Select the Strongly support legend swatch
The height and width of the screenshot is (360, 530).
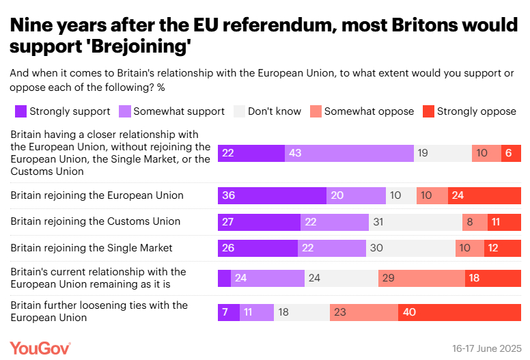pyautogui.click(x=20, y=111)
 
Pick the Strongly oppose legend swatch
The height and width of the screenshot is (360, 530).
pyautogui.click(x=428, y=111)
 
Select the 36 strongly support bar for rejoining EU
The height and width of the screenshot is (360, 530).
pyautogui.click(x=272, y=195)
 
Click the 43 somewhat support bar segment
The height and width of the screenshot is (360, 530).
pyautogui.click(x=349, y=153)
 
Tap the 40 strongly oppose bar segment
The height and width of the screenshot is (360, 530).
pyautogui.click(x=460, y=312)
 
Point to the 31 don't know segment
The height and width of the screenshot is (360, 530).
pyautogui.click(x=415, y=221)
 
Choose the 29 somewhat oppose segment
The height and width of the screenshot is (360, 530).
pyautogui.click(x=421, y=278)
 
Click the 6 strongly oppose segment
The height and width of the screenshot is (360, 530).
pyautogui.click(x=511, y=153)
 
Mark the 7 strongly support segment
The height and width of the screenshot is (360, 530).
pyautogui.click(x=229, y=312)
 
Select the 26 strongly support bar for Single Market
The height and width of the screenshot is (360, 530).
pyautogui.click(x=257, y=248)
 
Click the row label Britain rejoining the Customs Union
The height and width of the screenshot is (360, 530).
pyautogui.click(x=96, y=221)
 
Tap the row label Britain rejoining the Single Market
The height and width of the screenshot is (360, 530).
pyautogui.click(x=92, y=248)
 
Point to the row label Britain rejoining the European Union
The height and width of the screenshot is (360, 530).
pyautogui.click(x=97, y=195)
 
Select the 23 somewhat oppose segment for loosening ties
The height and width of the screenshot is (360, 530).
pyautogui.click(x=363, y=312)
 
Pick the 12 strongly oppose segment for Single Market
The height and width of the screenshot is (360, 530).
pyautogui.click(x=503, y=248)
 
